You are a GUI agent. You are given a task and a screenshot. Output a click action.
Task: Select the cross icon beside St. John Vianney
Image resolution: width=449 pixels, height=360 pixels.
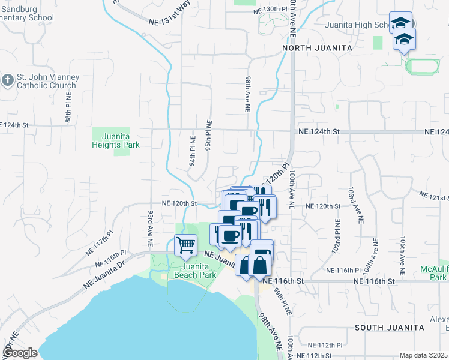pyautogui.click(x=7, y=80)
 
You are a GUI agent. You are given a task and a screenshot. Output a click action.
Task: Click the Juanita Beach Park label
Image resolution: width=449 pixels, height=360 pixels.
pyautogui.click(x=195, y=271)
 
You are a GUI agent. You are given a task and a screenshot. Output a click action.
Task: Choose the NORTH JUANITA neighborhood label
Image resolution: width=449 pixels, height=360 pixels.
pyautogui.click(x=313, y=48)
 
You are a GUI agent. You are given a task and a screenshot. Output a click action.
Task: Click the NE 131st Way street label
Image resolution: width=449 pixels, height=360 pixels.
pyautogui.click(x=170, y=20)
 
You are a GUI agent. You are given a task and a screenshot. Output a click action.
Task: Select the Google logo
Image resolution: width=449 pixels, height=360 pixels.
pyautogui.click(x=20, y=353)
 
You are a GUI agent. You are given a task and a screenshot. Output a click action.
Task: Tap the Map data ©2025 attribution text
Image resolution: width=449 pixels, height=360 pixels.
pyautogui.click(x=424, y=355)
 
